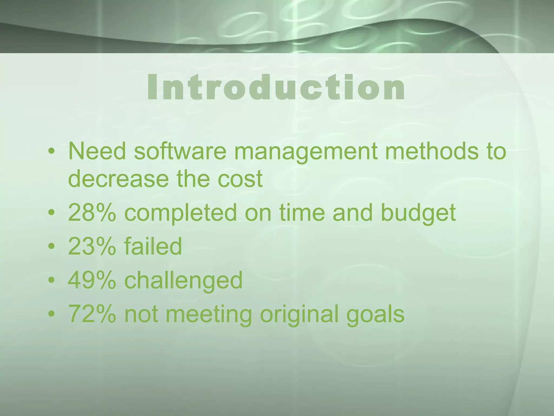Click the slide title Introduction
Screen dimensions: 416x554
[x=276, y=87]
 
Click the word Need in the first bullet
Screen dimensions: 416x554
[x=97, y=151]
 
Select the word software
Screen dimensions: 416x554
[x=180, y=151]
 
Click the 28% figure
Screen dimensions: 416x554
[x=92, y=212]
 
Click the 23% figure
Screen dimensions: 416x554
[x=92, y=246]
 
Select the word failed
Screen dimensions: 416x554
[x=153, y=246]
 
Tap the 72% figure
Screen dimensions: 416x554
[x=92, y=314]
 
